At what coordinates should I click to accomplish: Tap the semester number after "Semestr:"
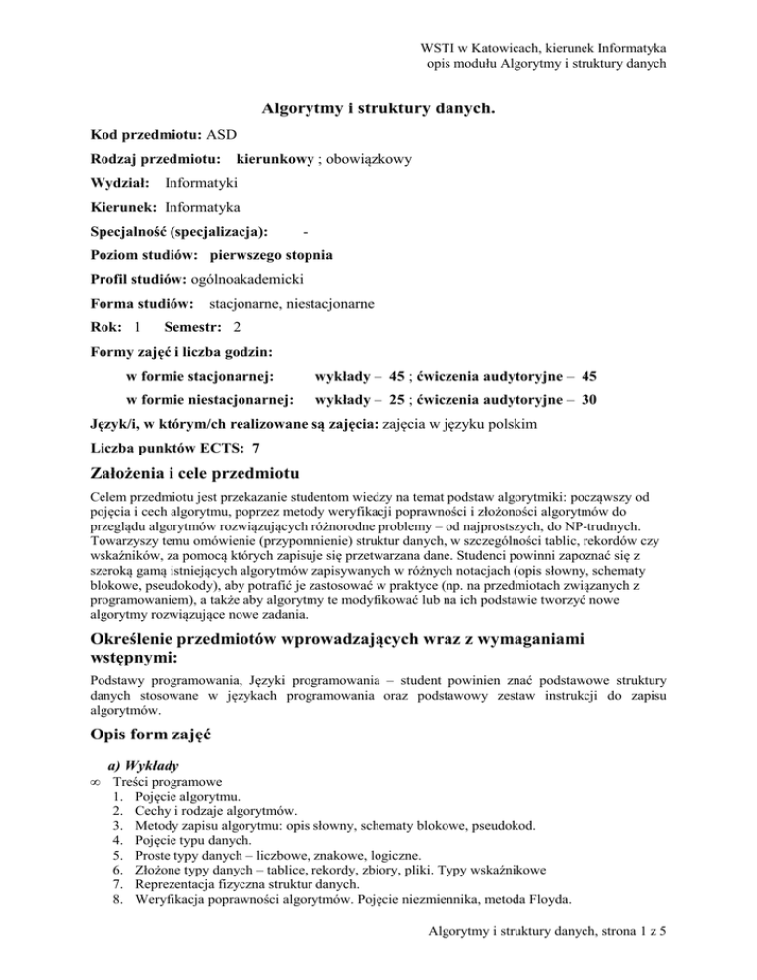click(238, 327)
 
